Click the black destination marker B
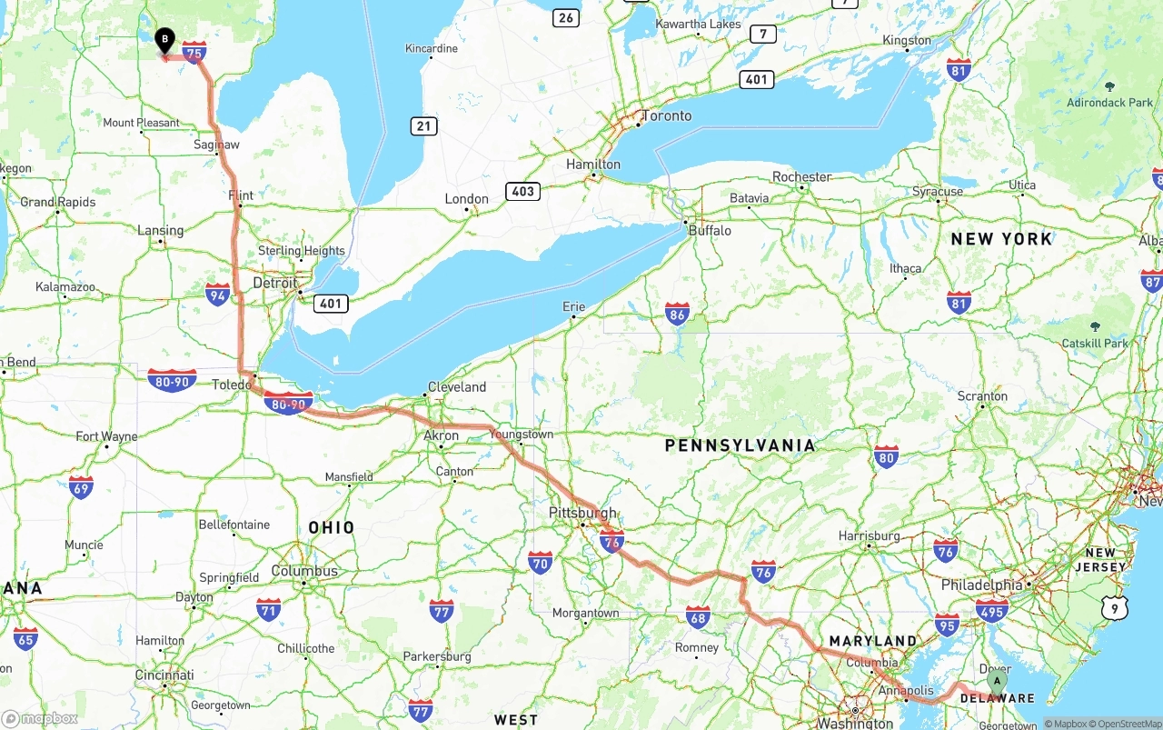point(164,40)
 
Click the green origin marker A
point(997,681)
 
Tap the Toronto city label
point(667,116)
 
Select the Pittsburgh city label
point(582,513)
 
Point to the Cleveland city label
point(457,386)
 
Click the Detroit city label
point(274,283)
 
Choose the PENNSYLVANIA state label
point(740,445)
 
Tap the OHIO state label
point(332,527)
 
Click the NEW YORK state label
point(1001,239)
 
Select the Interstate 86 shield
point(677,315)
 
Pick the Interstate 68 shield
point(698,617)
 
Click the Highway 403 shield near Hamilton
point(523,191)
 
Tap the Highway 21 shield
point(423,126)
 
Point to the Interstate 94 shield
point(217,295)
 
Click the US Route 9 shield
point(1115,608)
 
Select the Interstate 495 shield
point(991,610)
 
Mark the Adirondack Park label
point(1109,103)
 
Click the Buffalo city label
point(710,231)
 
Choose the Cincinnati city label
point(164,675)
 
